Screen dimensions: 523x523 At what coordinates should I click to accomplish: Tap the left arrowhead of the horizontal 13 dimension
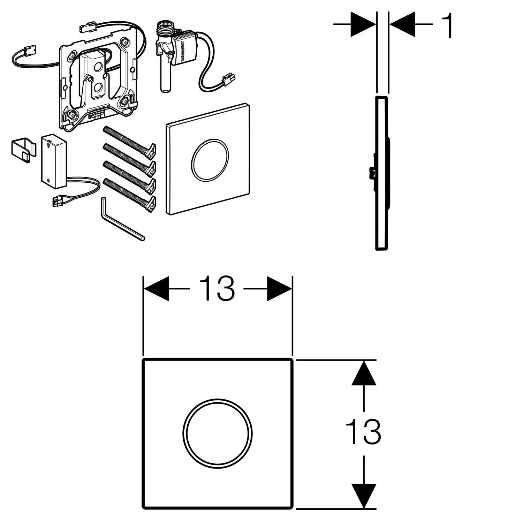[x=156, y=289]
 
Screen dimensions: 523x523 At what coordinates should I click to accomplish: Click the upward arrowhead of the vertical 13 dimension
[x=364, y=373]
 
